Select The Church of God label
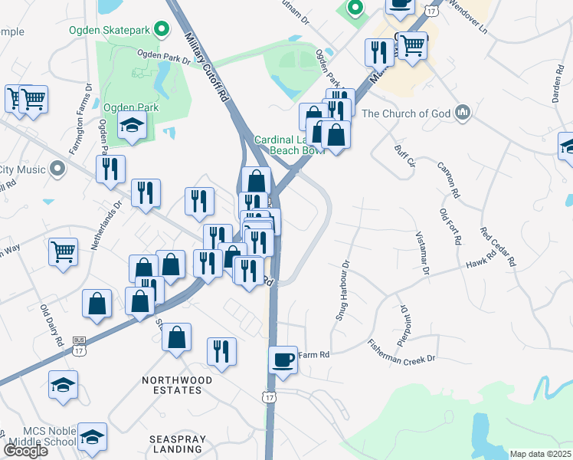click(x=404, y=113)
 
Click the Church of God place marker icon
click(x=462, y=113)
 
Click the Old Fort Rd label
click(x=450, y=226)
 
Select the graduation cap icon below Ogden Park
click(x=132, y=126)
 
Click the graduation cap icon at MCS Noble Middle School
click(x=92, y=437)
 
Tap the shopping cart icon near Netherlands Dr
click(x=63, y=251)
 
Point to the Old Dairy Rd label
click(x=51, y=327)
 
